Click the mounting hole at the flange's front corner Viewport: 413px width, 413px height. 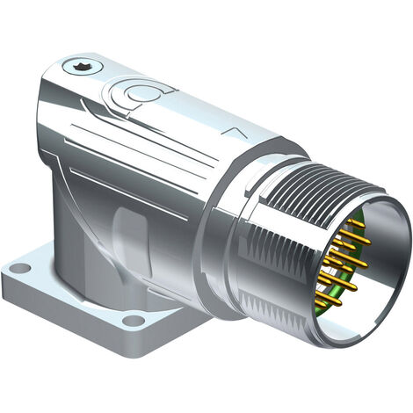(134, 321)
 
